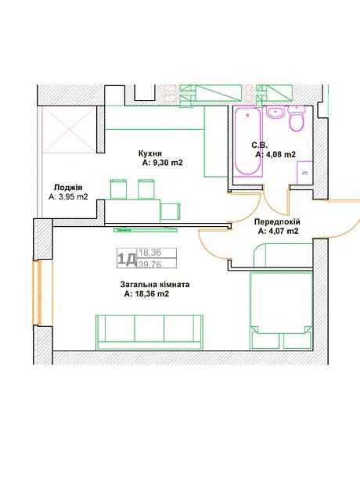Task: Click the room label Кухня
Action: tap(150, 153)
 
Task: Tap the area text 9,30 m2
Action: tap(167, 163)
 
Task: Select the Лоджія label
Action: tap(68, 188)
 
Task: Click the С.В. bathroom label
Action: tap(259, 145)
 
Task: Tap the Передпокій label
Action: tap(277, 222)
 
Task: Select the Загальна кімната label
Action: tap(155, 284)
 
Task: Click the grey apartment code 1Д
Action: tap(127, 259)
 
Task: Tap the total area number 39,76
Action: tap(149, 264)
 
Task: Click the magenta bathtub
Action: tap(247, 142)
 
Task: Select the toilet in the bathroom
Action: tap(297, 118)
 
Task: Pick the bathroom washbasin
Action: tap(275, 113)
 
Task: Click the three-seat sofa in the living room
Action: tap(149, 332)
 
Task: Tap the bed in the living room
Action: tap(281, 311)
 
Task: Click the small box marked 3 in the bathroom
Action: tap(304, 173)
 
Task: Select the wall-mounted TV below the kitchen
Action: tap(146, 230)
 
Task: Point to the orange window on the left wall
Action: tap(39, 293)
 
